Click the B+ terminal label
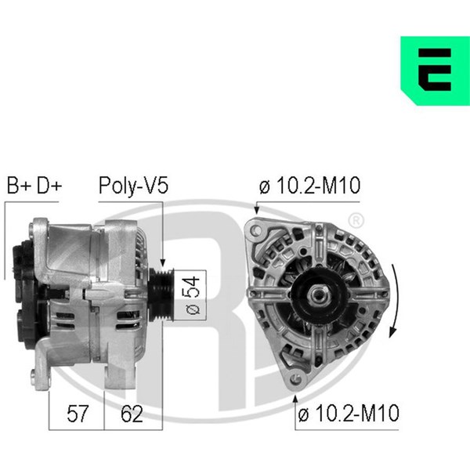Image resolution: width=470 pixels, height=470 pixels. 19,185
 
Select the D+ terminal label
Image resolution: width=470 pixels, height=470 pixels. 49,185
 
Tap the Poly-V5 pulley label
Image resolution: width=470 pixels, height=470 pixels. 133,186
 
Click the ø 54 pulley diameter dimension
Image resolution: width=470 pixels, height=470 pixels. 193,295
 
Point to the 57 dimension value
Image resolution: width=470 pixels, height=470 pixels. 78,414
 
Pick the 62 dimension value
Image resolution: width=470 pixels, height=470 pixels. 132,414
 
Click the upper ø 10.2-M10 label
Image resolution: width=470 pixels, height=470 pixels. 309,185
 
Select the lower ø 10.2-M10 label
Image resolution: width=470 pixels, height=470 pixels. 349,413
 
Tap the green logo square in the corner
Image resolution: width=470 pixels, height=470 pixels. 436,70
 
